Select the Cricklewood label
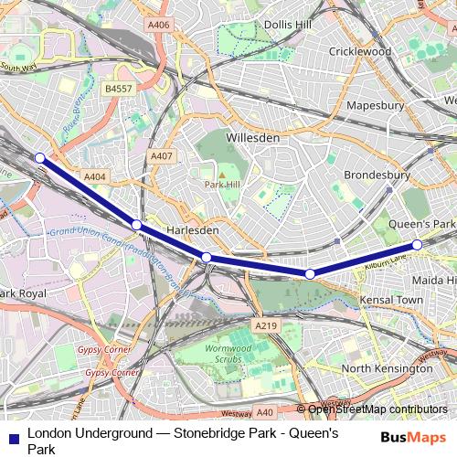(x=359, y=52)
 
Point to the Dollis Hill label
(x=290, y=24)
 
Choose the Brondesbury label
(x=377, y=175)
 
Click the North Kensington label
(x=387, y=368)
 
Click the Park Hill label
(x=220, y=185)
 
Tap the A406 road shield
(x=157, y=26)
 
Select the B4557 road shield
(x=119, y=89)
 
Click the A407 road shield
(x=161, y=157)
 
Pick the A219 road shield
(x=266, y=325)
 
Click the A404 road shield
(x=94, y=176)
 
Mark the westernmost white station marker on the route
(x=39, y=158)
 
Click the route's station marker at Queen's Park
(x=417, y=245)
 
